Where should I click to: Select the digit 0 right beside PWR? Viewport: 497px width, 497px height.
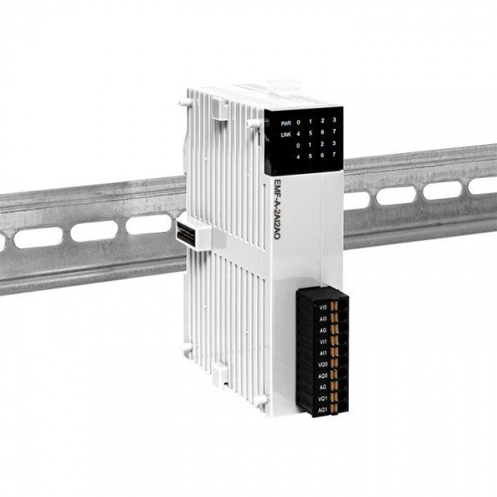(x=299, y=123)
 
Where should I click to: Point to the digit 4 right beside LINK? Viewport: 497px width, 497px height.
(x=299, y=135)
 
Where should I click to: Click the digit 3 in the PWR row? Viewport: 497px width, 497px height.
(x=334, y=122)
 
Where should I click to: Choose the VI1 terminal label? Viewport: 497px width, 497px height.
(x=323, y=340)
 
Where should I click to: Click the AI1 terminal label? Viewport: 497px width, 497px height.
(x=323, y=351)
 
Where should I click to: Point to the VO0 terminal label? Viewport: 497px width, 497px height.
(x=323, y=363)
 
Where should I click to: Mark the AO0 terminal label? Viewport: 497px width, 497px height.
(x=323, y=374)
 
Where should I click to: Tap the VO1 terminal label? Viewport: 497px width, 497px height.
(x=323, y=398)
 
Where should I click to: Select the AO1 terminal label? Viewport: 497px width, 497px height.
(x=323, y=409)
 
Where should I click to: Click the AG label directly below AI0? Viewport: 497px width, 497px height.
(x=323, y=328)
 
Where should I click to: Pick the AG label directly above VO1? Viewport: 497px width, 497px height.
(x=323, y=386)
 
